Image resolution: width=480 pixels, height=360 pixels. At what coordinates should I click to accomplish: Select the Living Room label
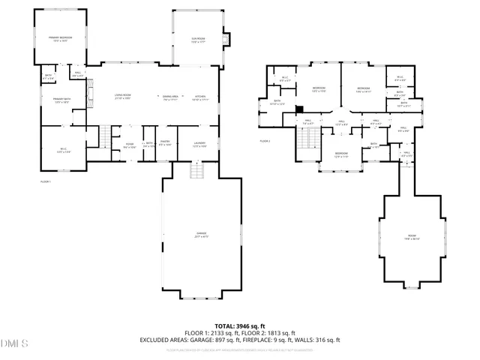(123, 97)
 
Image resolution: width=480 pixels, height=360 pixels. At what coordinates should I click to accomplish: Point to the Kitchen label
(200, 97)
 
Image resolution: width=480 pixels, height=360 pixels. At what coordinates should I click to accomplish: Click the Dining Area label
(171, 97)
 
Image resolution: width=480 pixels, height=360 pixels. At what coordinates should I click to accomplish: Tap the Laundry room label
(199, 143)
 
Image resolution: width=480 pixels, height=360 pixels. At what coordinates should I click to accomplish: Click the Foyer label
(130, 145)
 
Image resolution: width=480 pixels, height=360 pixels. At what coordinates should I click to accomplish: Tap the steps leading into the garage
(197, 172)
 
